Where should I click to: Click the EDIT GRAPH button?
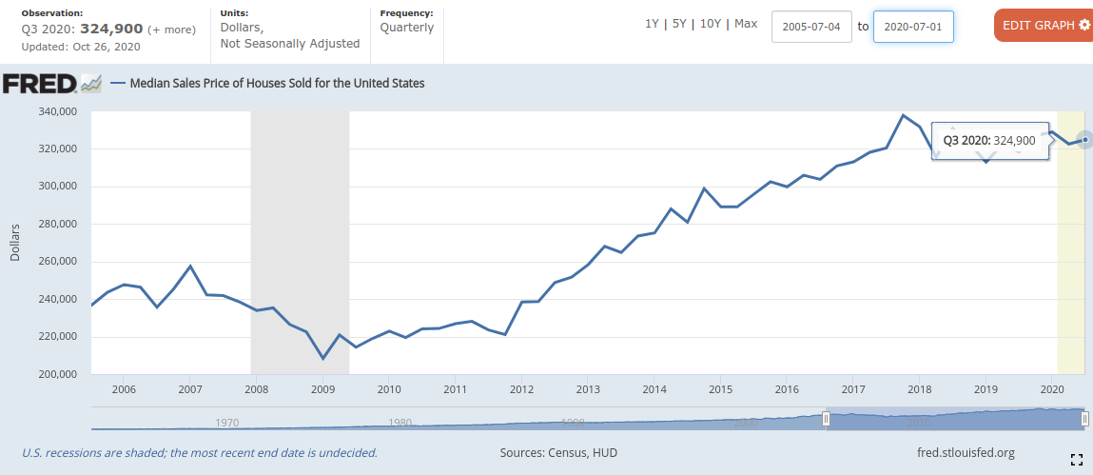click(1043, 25)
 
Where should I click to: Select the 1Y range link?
click(653, 24)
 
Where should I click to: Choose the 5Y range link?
click(679, 24)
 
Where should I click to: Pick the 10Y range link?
click(710, 24)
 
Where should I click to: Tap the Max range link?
click(746, 24)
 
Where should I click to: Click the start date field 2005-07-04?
click(811, 26)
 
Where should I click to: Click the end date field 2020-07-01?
click(913, 26)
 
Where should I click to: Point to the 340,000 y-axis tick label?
click(57, 111)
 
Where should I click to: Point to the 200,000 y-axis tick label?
click(57, 374)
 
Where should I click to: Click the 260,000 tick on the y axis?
click(57, 262)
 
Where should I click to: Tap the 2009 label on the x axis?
click(322, 389)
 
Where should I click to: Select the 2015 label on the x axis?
click(720, 389)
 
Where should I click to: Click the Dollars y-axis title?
click(15, 243)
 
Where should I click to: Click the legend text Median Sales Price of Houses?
click(277, 83)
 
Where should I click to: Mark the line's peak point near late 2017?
click(903, 115)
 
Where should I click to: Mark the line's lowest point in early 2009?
click(323, 359)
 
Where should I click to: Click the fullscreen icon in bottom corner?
click(1077, 460)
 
